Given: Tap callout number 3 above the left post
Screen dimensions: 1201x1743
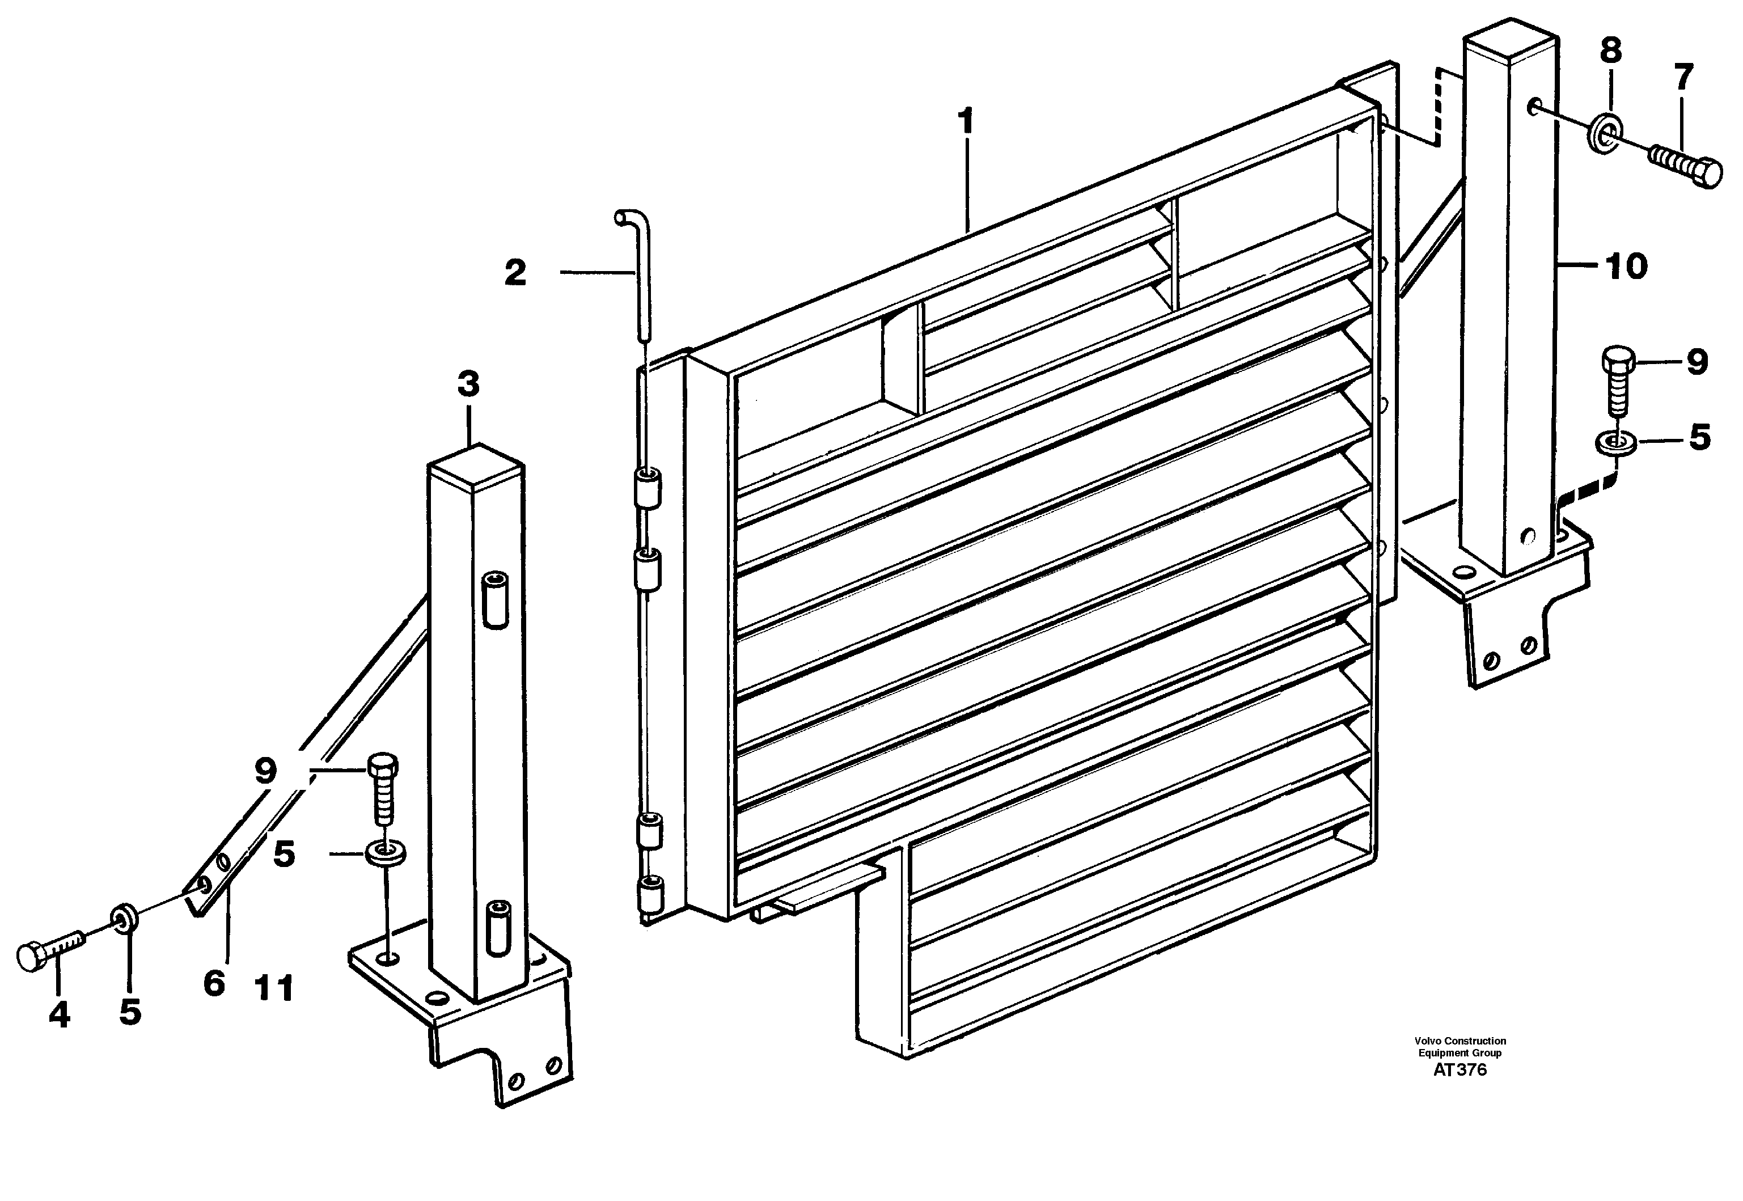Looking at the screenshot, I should coord(468,384).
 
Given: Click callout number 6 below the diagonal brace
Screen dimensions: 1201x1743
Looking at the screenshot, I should coord(214,983).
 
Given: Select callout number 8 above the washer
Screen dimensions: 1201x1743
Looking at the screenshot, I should coord(1610,51).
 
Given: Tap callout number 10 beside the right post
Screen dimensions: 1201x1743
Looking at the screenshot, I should coord(1626,267).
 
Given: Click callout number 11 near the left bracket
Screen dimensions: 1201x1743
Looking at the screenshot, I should coord(274,988).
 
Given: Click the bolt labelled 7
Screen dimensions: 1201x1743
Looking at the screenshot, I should coord(1685,165).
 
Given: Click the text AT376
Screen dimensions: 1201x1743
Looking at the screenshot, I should coord(1459,1070).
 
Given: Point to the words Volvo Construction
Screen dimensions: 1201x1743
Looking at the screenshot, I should coord(1459,1041).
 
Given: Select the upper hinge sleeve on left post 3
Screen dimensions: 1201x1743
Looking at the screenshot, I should coord(494,598).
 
